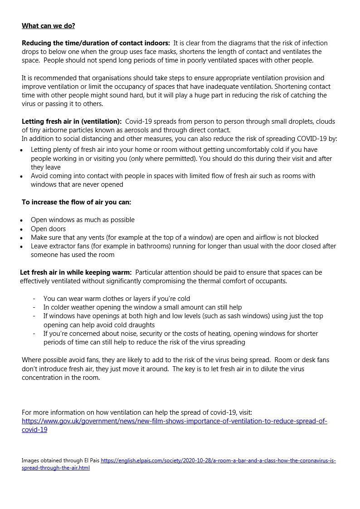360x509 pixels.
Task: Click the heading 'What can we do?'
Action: coord(48,26)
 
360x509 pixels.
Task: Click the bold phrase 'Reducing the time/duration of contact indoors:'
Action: coord(96,43)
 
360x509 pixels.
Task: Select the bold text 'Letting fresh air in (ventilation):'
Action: coord(72,121)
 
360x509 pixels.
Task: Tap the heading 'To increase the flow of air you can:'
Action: coord(77,202)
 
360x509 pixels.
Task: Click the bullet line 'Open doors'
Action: coord(48,229)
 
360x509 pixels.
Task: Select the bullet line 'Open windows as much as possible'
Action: coord(83,220)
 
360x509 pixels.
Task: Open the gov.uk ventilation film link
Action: coord(174,421)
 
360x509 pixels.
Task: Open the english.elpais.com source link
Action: coord(218,461)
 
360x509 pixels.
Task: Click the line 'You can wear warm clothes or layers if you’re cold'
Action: coord(117,299)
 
